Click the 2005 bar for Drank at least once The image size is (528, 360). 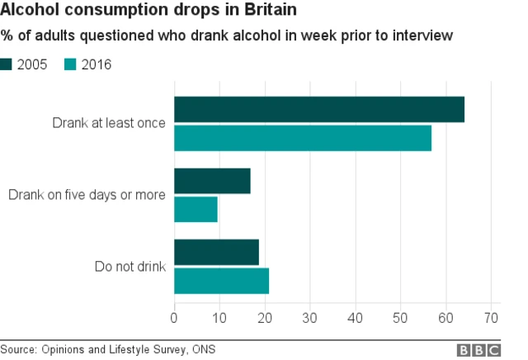click(x=318, y=110)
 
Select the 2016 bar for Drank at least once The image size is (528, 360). click(x=302, y=138)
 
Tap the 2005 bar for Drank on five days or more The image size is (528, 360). click(x=212, y=181)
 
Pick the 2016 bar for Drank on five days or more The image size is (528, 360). click(x=196, y=209)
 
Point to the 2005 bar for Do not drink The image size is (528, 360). click(x=216, y=252)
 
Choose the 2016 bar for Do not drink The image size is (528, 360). click(x=221, y=281)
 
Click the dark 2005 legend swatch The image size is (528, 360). click(x=6, y=64)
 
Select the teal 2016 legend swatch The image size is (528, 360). click(x=70, y=64)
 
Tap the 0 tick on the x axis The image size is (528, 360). click(x=174, y=317)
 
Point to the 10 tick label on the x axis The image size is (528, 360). click(x=219, y=317)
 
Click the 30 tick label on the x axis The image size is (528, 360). click(x=310, y=317)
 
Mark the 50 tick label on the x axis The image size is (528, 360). click(x=401, y=317)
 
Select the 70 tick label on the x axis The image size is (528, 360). click(x=492, y=317)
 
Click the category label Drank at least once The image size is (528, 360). click(x=109, y=124)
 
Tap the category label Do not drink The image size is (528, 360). click(x=130, y=266)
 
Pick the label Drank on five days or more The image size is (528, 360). click(x=87, y=195)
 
